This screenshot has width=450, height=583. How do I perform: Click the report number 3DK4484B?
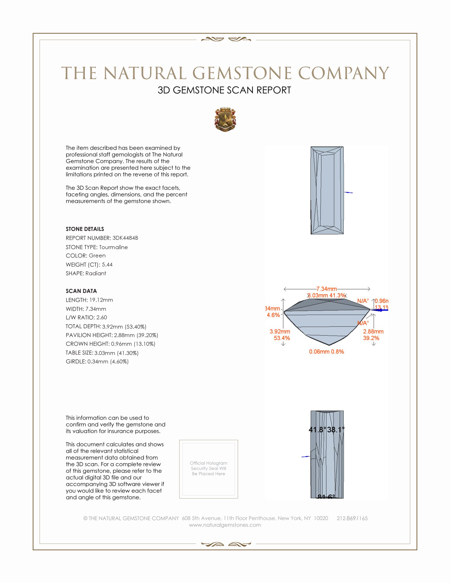(125, 238)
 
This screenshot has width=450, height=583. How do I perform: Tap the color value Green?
(97, 255)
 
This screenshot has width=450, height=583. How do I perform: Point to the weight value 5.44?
(107, 264)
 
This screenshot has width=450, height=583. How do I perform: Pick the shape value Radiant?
(96, 273)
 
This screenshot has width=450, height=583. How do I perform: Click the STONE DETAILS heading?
(85, 229)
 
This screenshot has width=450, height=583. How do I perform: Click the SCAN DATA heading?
(81, 291)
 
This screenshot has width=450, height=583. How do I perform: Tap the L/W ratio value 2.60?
(102, 317)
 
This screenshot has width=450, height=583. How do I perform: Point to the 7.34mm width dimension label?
(327, 289)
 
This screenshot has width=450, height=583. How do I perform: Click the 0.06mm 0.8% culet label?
(326, 352)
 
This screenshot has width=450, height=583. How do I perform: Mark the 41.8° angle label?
(317, 430)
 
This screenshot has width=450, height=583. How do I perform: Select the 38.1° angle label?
(336, 430)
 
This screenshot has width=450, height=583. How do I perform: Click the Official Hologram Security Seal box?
(209, 469)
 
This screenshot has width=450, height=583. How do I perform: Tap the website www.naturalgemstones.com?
(225, 525)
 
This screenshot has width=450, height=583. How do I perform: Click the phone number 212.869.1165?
(352, 518)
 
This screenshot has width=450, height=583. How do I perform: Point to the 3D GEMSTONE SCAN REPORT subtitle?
(224, 90)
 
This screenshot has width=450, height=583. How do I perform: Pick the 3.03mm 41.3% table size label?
(327, 295)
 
